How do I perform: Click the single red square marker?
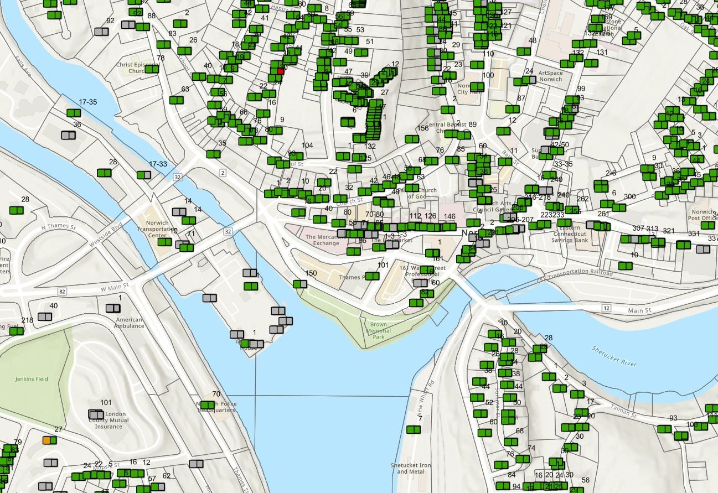tap(281, 71)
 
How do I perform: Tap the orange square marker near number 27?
tap(47, 440)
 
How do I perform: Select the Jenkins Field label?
tap(31, 379)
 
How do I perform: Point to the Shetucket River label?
tap(614, 356)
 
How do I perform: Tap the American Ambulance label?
tap(130, 323)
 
